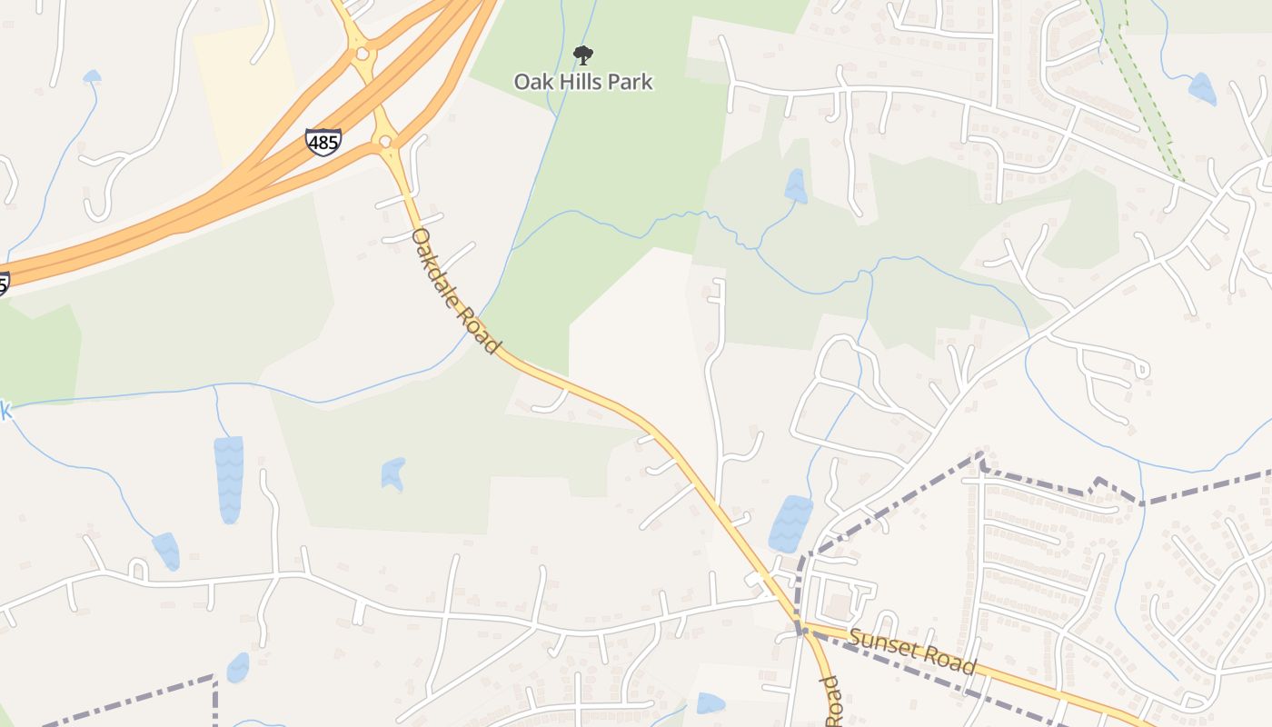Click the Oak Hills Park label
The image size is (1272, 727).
coord(583,82)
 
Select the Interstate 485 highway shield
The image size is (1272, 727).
coord(323,142)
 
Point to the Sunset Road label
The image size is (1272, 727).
coord(912,652)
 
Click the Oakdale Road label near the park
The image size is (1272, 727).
coord(455,291)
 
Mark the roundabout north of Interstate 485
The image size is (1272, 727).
coord(363,54)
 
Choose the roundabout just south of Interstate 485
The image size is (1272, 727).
coord(386,141)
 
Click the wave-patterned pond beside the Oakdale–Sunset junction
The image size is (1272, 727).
coord(790,523)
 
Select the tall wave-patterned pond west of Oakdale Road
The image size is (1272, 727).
coord(229,479)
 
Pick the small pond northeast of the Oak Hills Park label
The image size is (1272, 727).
coord(796,186)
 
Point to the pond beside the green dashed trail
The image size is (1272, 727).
coord(1202,89)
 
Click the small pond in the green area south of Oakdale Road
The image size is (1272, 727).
coord(393,473)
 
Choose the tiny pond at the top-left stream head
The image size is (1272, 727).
coord(92,77)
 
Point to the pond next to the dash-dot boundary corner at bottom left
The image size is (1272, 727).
coord(238,668)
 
